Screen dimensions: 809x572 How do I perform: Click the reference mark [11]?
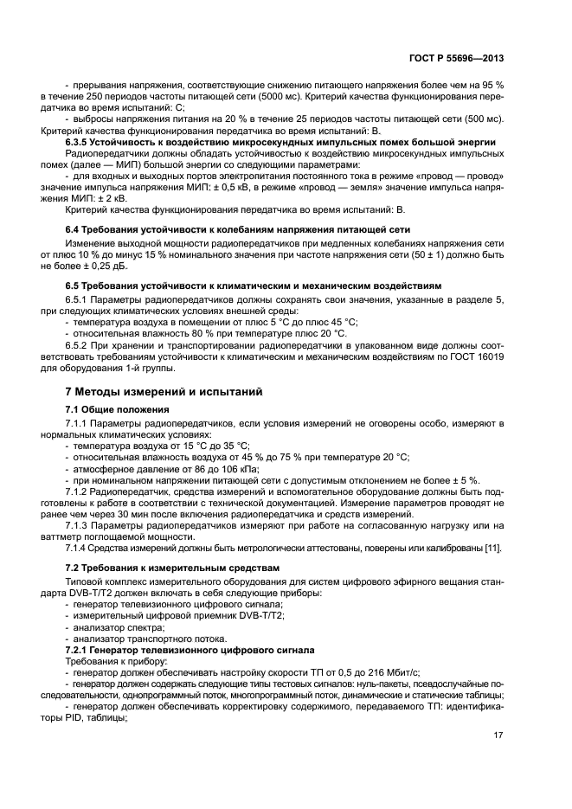coord(495,548)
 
